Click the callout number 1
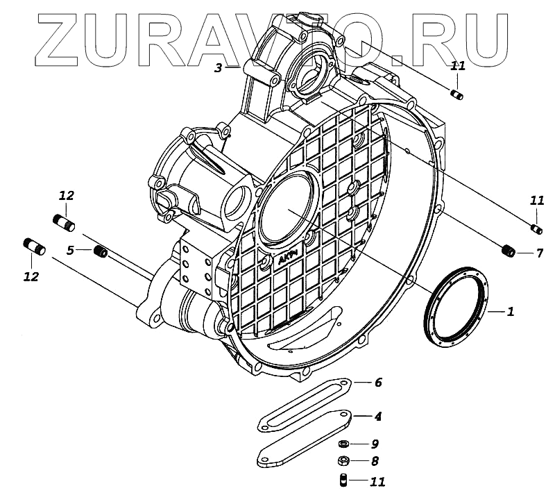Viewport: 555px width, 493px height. point(510,312)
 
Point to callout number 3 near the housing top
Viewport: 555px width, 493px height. point(218,68)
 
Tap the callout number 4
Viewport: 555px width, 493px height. point(377,417)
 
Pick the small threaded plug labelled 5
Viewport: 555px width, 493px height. point(101,251)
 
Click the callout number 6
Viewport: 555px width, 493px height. point(377,383)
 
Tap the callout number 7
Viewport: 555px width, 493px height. point(539,253)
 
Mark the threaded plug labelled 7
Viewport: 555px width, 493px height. point(509,251)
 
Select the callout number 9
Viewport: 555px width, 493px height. point(375,444)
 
